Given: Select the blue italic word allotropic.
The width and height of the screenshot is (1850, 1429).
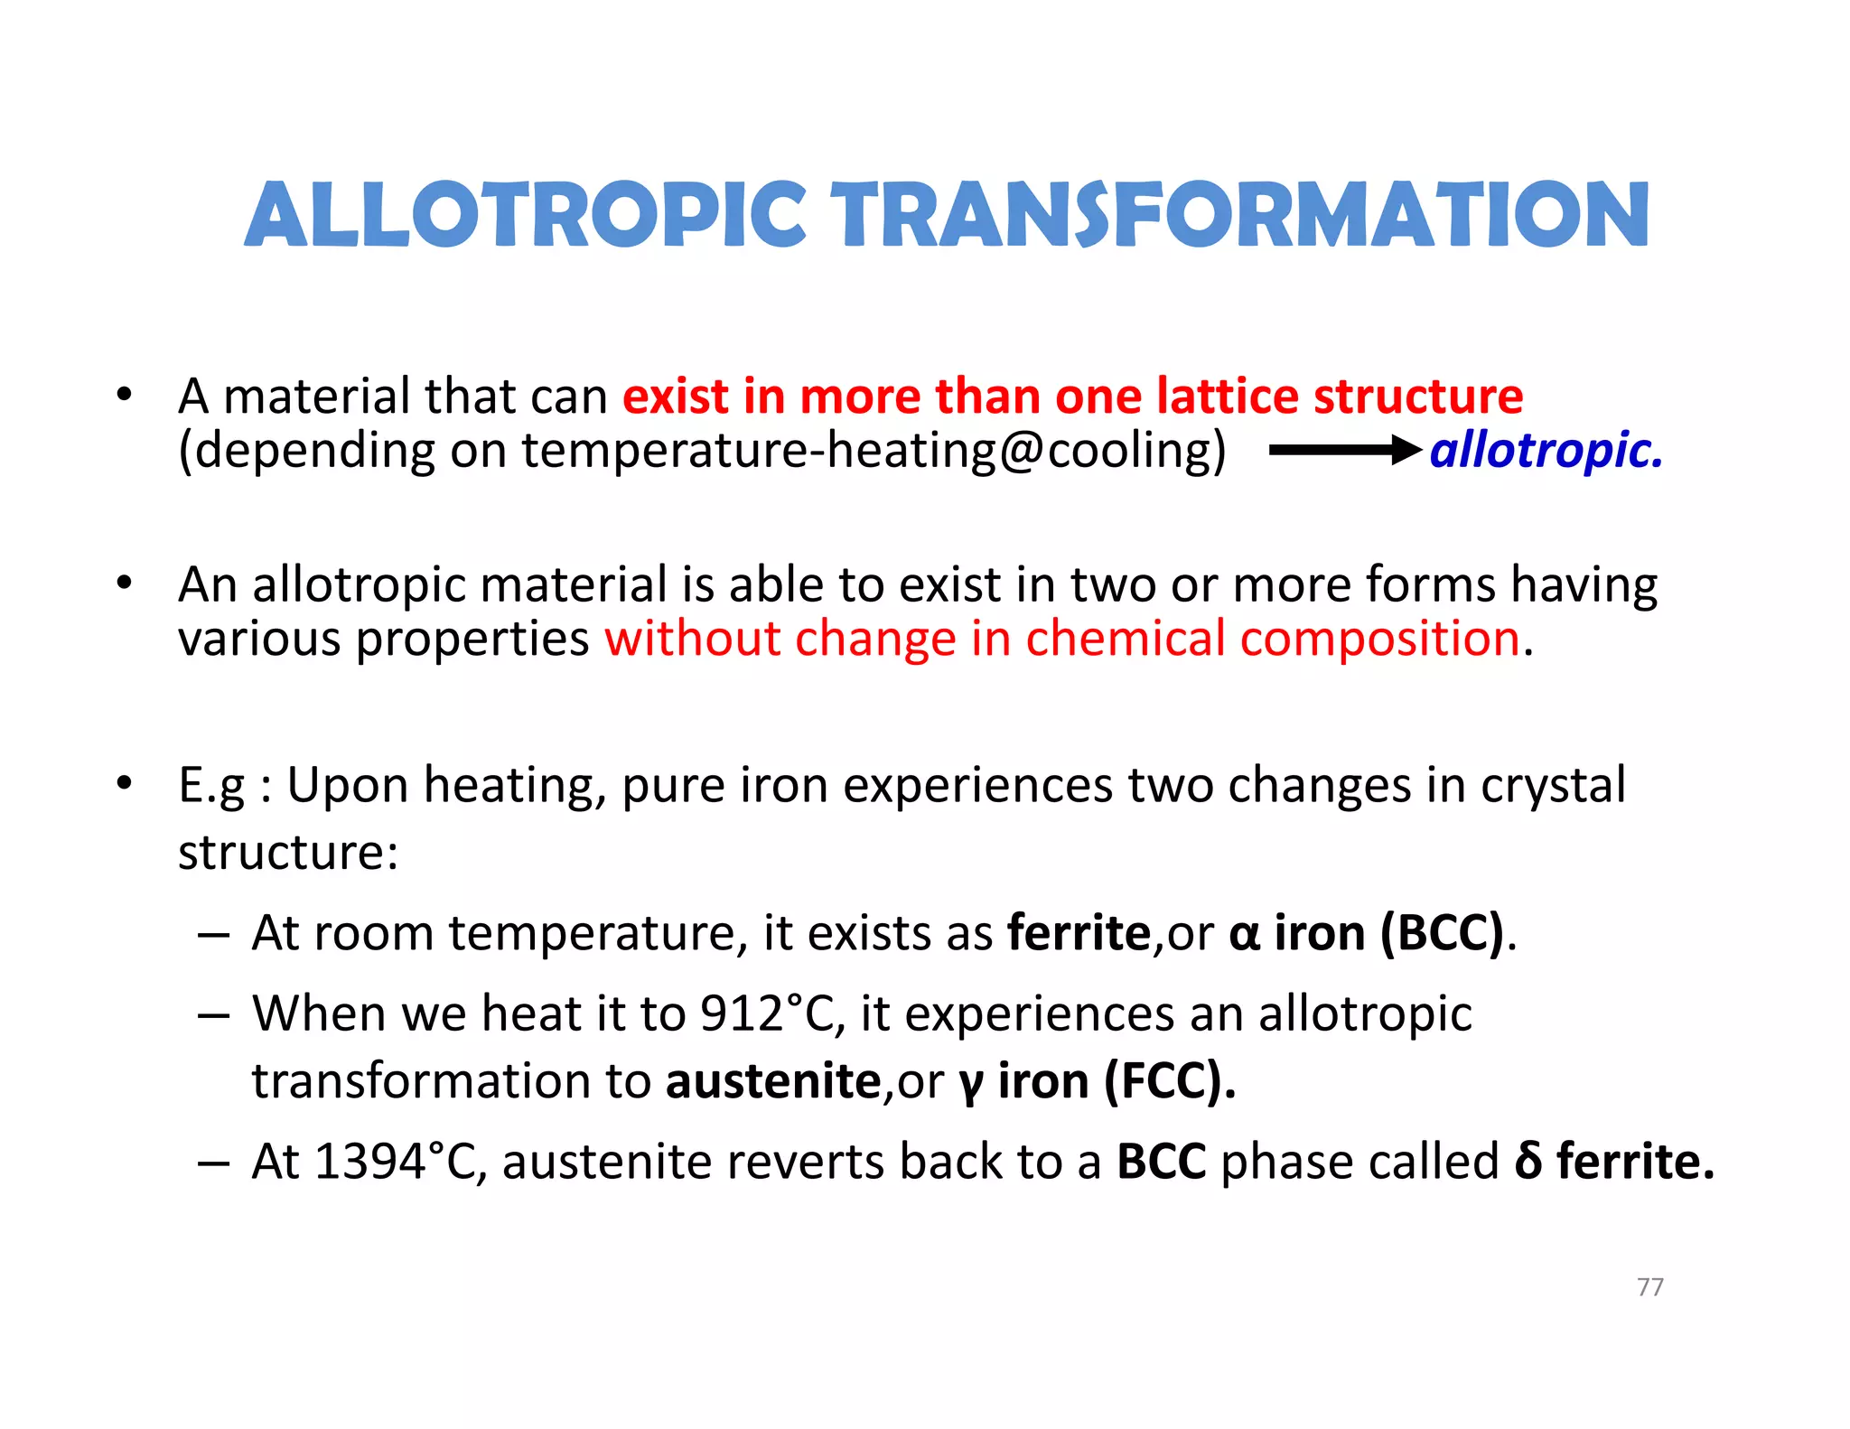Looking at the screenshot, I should pos(1545,450).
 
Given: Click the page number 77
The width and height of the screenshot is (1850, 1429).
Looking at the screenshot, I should pos(1649,1286).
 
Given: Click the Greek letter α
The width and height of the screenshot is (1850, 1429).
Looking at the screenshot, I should pos(1244,934).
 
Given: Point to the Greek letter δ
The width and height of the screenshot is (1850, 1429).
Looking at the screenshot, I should pos(1528,1161).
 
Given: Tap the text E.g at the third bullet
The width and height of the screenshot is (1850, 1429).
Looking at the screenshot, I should pos(211,786).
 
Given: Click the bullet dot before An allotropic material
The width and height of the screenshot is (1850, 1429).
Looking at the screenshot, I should pos(124,583).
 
